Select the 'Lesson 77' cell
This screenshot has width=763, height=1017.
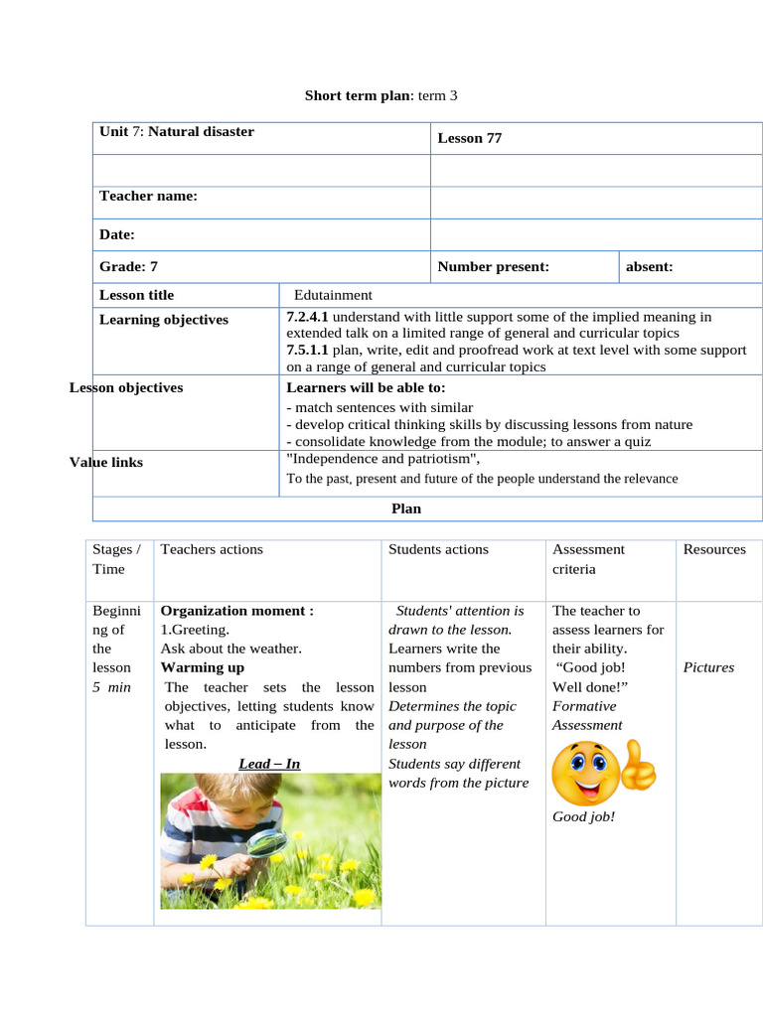(470, 138)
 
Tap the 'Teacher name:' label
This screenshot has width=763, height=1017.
(148, 196)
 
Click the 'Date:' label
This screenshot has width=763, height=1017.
(116, 234)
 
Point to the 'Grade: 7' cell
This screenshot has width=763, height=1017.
(128, 266)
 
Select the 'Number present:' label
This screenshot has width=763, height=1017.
(493, 266)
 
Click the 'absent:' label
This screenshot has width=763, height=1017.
(649, 266)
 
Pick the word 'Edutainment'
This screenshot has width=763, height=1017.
(333, 295)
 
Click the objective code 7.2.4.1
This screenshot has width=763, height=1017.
(307, 317)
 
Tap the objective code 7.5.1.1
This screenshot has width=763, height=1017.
(307, 351)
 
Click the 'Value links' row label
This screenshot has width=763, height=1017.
(106, 462)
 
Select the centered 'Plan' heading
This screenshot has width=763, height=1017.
(406, 508)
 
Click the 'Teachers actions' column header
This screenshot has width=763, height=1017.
(212, 549)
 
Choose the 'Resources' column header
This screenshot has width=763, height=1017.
(713, 549)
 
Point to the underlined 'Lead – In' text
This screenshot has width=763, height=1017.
(269, 764)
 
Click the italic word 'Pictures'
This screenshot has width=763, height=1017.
(708, 667)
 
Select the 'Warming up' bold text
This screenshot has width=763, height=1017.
(202, 667)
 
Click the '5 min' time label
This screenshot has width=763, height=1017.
(111, 687)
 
